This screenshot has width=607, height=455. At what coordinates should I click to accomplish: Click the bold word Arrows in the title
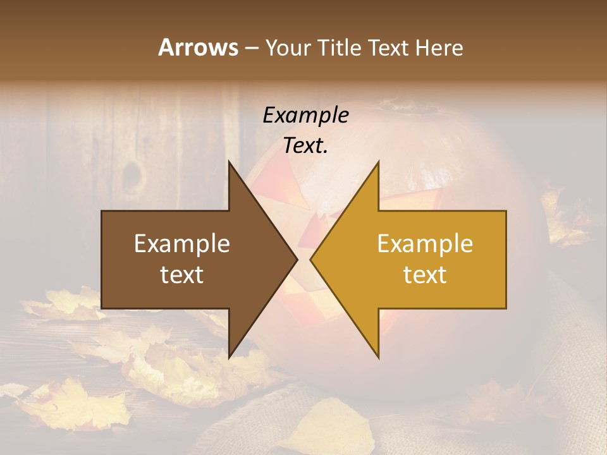click(x=198, y=47)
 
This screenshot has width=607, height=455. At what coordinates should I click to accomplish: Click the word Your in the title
click(x=288, y=47)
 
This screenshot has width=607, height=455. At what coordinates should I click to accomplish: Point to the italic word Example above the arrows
click(x=305, y=116)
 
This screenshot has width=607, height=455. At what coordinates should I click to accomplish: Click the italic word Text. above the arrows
click(x=305, y=146)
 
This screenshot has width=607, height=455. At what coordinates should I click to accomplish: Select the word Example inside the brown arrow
click(x=182, y=244)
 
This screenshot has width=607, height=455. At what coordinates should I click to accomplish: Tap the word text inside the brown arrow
click(x=182, y=275)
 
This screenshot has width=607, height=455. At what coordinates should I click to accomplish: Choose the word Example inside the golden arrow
click(x=425, y=244)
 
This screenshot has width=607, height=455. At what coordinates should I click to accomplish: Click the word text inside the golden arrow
click(x=425, y=275)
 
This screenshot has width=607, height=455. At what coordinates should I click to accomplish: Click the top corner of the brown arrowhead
click(x=229, y=162)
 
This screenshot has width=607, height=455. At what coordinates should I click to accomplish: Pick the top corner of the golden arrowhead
click(x=378, y=162)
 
